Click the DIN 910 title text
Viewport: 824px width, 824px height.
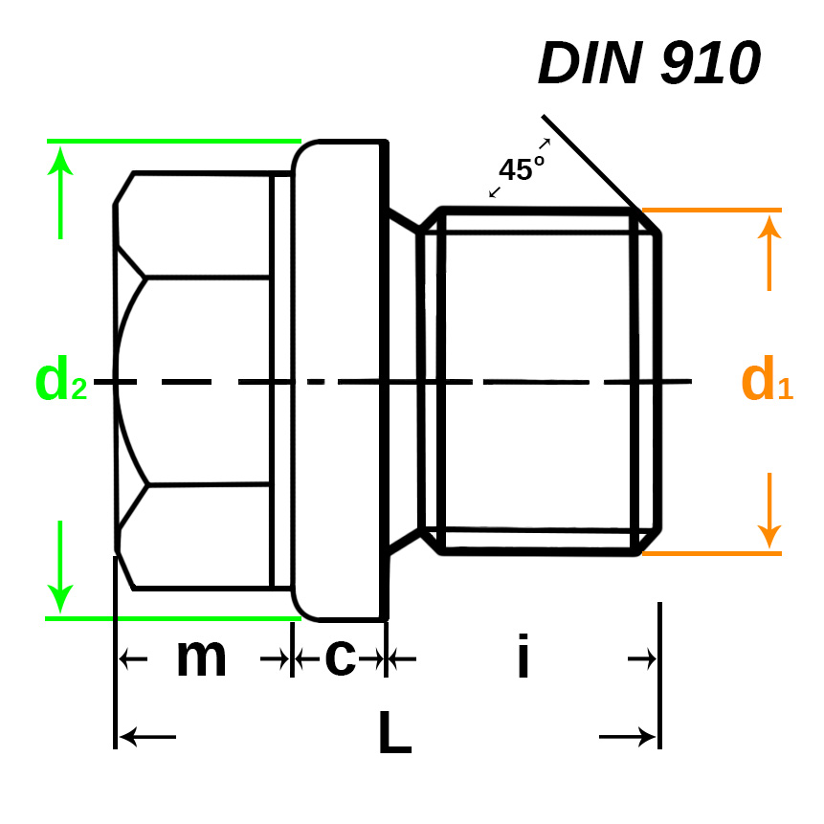pos(649,63)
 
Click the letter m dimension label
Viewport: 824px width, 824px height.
pos(201,658)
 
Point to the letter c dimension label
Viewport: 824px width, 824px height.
pos(341,657)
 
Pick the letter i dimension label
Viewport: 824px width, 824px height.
pos(523,659)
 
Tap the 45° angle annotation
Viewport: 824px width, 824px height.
pos(521,169)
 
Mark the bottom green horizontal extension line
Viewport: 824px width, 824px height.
pos(172,618)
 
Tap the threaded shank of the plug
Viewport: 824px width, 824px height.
pos(541,380)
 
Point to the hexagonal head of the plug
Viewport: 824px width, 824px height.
pos(196,380)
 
